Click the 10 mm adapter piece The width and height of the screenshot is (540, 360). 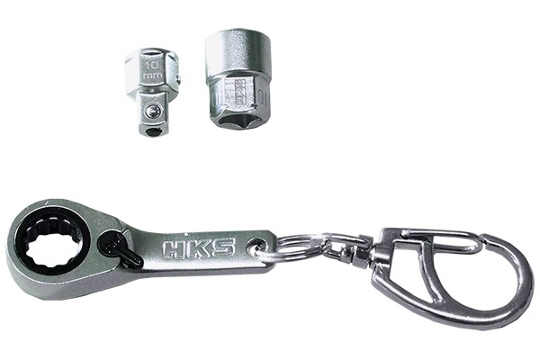152,90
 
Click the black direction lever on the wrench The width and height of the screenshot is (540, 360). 119,248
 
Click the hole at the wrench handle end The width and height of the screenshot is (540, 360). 259,246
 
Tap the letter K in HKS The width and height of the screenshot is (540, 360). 198,247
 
